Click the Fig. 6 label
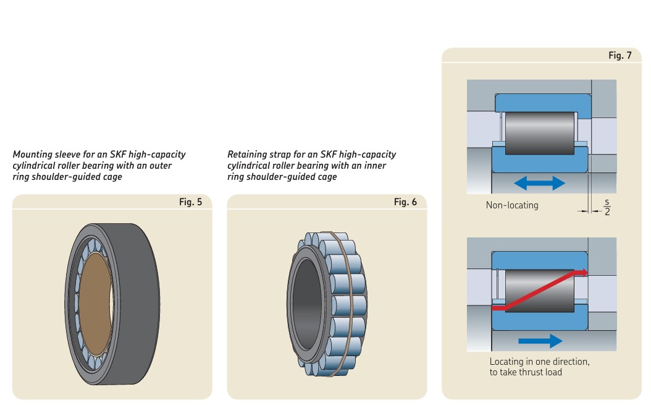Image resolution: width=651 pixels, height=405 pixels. [x=405, y=202]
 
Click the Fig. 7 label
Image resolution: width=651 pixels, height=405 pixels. [x=619, y=55]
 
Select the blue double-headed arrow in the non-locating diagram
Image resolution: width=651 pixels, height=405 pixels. [x=540, y=183]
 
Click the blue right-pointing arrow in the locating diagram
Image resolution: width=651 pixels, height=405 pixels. [x=540, y=341]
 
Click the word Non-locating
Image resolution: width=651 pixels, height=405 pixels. [x=511, y=205]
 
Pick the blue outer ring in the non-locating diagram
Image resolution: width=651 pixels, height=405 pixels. [x=540, y=101]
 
